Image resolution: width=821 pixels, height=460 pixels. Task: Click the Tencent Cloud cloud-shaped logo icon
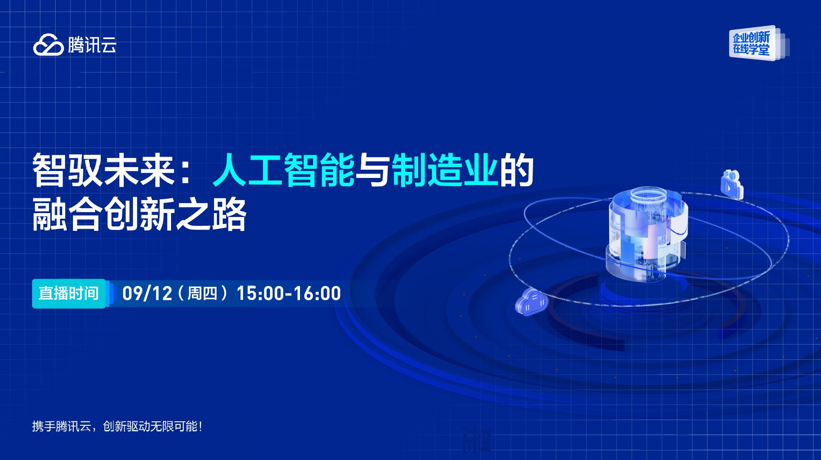pos(48,45)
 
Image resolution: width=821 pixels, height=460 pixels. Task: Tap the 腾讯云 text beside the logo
pos(92,45)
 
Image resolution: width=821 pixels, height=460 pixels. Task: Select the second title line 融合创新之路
pos(139,214)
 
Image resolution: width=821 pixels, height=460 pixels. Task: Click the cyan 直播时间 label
pos(69,293)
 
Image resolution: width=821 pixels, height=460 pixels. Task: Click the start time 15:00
pos(260,293)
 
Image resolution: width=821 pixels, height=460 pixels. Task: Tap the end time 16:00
pos(317,293)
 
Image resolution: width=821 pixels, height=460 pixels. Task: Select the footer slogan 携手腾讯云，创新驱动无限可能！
pos(117,426)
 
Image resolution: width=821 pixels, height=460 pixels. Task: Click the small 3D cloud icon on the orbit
pos(531,301)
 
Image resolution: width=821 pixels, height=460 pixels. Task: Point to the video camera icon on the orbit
pos(732,184)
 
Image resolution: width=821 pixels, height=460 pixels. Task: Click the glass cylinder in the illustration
pos(647,234)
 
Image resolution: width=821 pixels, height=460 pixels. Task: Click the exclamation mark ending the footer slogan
pos(200,426)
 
